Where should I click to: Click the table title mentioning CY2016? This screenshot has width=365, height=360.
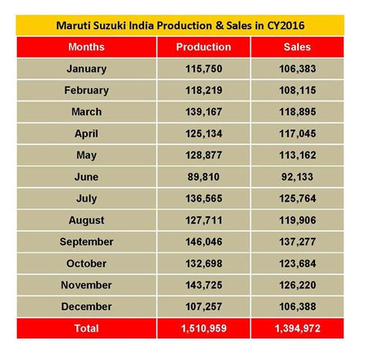[182, 25]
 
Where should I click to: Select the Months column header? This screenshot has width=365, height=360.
[86, 47]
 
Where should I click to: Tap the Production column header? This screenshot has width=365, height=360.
[203, 47]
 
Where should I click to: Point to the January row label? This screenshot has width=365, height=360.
[86, 68]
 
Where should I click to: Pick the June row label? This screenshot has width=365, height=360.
[86, 177]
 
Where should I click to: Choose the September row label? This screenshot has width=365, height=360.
[86, 242]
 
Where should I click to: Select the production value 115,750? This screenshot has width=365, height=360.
[203, 68]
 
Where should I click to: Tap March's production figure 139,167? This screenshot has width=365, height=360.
[203, 112]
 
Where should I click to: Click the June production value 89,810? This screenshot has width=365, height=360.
[203, 177]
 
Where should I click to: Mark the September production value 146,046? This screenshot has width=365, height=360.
[203, 242]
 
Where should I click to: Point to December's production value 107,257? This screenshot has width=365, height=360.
[203, 306]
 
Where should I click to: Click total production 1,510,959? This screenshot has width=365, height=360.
[203, 328]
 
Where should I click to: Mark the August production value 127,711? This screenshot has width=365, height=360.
[203, 220]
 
